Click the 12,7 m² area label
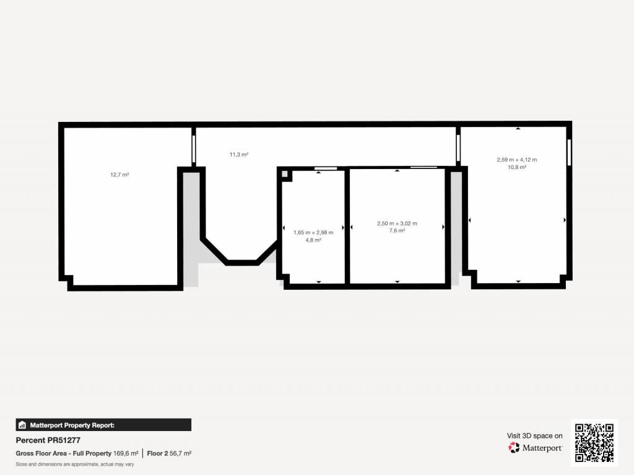coord(119,175)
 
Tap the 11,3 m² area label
coord(238,155)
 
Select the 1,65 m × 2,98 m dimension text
coord(313,233)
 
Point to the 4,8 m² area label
coord(313,240)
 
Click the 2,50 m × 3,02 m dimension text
coord(397,224)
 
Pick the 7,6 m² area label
coord(397,230)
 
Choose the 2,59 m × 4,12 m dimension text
coord(517,160)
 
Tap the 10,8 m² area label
coord(517,167)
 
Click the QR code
coord(594,443)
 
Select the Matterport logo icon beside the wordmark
coord(514,448)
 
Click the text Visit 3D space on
coord(534,436)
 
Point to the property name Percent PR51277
coord(48,440)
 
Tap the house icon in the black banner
coord(22,425)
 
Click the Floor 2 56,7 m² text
coord(169,453)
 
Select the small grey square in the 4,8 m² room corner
coord(285,174)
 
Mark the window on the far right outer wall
coord(569,152)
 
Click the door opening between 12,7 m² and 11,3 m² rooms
coord(194,149)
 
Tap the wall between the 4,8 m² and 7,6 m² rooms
coord(347,227)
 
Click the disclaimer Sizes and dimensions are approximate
coord(75,464)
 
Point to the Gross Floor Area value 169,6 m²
coord(126,453)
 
